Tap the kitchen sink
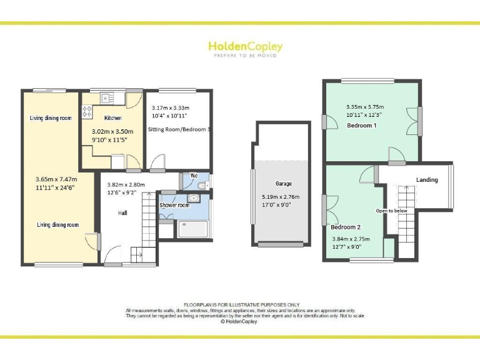(x=106, y=97)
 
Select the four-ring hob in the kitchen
(x=87, y=112)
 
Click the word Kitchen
(x=112, y=117)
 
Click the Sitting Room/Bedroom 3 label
(x=179, y=129)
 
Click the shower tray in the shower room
(x=194, y=230)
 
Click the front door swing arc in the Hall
(x=114, y=255)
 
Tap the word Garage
(x=284, y=184)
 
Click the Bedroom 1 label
(x=362, y=126)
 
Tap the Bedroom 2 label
(x=346, y=227)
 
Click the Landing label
(x=427, y=180)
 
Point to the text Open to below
(x=392, y=211)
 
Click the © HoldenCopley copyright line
(x=240, y=322)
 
